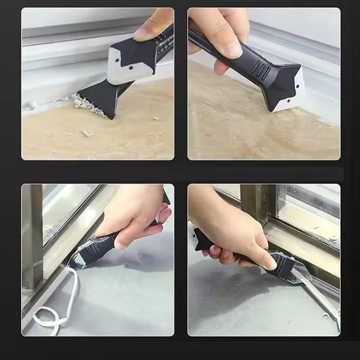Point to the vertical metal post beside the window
click(x=32, y=234)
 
